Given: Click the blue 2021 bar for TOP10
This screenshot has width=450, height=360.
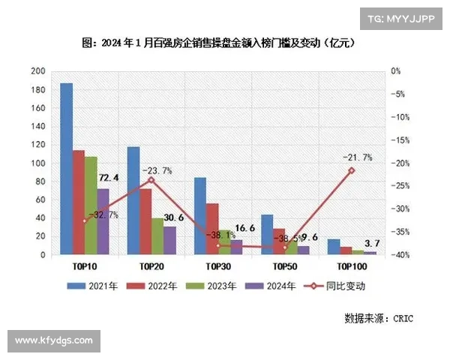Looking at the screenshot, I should click(x=67, y=169).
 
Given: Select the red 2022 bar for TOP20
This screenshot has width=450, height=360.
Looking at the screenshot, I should click(x=145, y=222).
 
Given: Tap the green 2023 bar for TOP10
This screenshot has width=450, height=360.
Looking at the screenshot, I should click(x=91, y=205).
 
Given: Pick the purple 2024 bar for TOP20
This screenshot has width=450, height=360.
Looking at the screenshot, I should click(x=170, y=241).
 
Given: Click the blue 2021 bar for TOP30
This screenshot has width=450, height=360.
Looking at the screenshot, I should click(x=200, y=216).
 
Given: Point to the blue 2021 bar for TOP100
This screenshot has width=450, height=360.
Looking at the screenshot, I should click(x=334, y=247).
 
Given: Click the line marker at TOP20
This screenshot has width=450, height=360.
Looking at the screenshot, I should click(x=151, y=180).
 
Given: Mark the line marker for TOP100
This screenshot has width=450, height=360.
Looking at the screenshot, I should click(x=351, y=171).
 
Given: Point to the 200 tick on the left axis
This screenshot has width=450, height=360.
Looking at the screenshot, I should click(x=37, y=71).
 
